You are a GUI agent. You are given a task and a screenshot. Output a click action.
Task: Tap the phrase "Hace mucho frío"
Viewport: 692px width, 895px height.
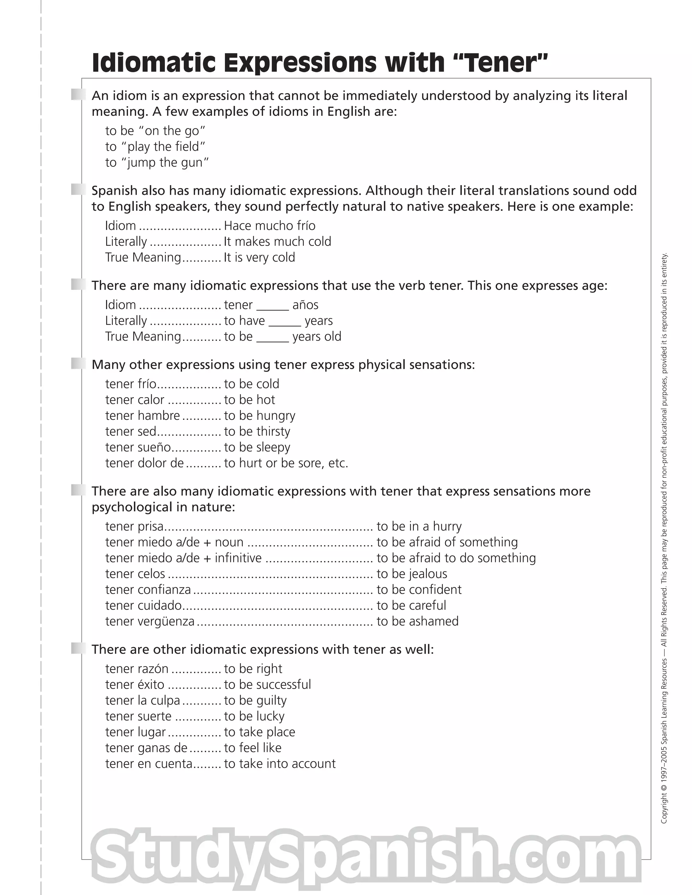269,226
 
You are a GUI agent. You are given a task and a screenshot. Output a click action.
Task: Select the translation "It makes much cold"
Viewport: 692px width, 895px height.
277,242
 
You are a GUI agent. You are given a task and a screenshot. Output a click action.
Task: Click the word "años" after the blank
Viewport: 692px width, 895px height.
305,305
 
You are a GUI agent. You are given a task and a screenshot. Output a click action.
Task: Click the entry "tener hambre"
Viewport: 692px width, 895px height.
142,415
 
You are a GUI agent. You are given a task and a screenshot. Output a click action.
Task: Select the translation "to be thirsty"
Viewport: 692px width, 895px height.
257,432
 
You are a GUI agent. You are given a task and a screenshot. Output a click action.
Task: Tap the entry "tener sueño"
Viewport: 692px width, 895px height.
138,447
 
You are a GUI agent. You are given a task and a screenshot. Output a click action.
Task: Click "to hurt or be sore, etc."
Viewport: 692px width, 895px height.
286,463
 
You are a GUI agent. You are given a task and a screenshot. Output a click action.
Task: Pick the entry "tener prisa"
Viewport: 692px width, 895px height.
134,527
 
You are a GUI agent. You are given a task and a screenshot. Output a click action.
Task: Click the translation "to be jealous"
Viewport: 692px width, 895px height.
412,574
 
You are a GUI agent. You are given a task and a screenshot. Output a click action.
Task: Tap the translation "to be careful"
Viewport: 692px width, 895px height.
411,606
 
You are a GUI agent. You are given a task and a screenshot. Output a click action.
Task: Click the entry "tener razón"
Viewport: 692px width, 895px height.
137,669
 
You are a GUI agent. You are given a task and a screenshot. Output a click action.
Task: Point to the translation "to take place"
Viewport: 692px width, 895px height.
259,732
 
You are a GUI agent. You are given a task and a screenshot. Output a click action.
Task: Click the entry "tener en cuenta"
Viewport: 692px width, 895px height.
148,764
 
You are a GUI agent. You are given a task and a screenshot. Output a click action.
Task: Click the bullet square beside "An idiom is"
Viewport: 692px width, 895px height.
78,95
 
